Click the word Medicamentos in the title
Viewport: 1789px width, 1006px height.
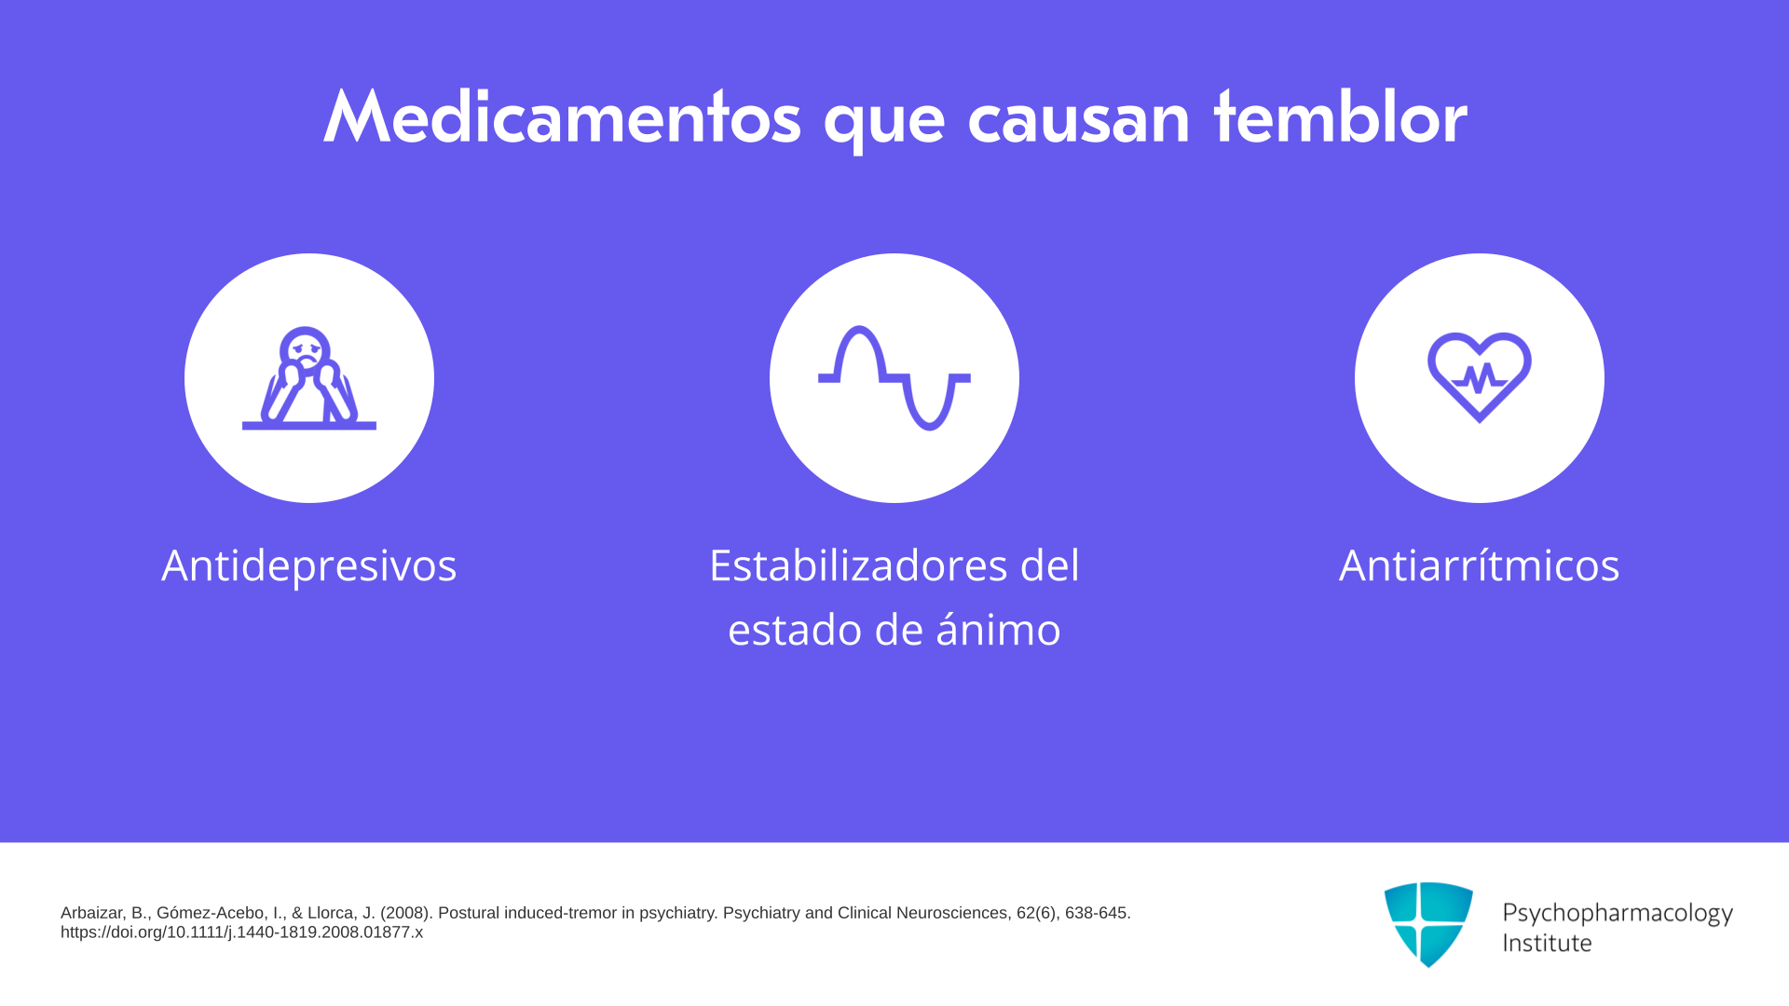pyautogui.click(x=562, y=117)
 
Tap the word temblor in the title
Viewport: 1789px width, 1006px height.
pyautogui.click(x=1340, y=117)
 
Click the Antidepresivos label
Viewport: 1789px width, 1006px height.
pyautogui.click(x=309, y=564)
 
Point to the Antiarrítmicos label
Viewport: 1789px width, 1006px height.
pyautogui.click(x=1480, y=564)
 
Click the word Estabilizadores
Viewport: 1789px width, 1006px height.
pyautogui.click(x=858, y=564)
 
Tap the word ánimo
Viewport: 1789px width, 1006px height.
pyautogui.click(x=998, y=629)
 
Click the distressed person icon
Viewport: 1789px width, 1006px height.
pyautogui.click(x=309, y=378)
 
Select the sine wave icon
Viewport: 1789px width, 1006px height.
pyautogui.click(x=894, y=378)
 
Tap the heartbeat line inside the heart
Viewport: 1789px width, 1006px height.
pyautogui.click(x=1480, y=378)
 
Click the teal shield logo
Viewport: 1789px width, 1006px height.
pyautogui.click(x=1428, y=924)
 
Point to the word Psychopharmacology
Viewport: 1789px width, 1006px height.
pyautogui.click(x=1618, y=913)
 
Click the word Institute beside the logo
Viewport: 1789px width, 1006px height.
pyautogui.click(x=1547, y=943)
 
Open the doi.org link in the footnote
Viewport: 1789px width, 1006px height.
pyautogui.click(x=241, y=932)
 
